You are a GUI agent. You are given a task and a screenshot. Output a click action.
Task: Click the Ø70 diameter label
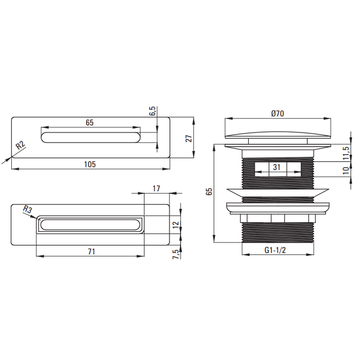pyautogui.click(x=277, y=113)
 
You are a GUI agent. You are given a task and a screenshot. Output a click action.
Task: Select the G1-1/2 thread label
pyautogui.click(x=275, y=250)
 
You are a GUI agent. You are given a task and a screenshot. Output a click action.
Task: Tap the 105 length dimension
pyautogui.click(x=90, y=165)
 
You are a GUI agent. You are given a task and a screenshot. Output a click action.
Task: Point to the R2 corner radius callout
pyautogui.click(x=20, y=145)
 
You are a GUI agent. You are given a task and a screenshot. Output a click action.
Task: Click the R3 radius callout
pyautogui.click(x=27, y=210)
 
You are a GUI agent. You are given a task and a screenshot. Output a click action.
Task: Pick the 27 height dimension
pyautogui.click(x=189, y=139)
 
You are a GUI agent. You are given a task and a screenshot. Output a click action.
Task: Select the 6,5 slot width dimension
pyautogui.click(x=153, y=111)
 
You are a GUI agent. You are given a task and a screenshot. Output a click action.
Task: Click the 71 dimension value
pyautogui.click(x=91, y=252)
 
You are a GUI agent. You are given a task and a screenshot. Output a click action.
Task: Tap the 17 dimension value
pyautogui.click(x=156, y=189)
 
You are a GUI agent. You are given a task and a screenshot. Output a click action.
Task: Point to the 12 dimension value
pyautogui.click(x=176, y=224)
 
